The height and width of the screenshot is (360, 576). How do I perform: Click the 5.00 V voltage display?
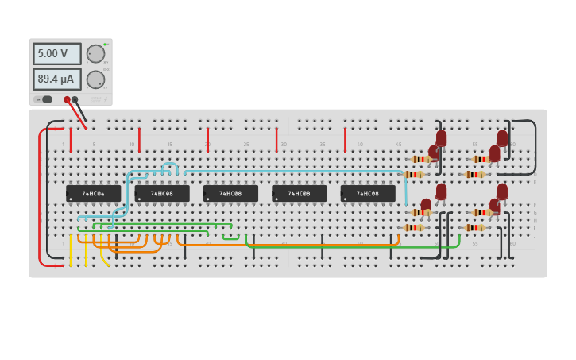pos(56,54)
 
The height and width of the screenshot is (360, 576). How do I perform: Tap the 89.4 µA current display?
pos(56,79)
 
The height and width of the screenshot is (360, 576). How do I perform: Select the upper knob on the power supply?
pos(95,54)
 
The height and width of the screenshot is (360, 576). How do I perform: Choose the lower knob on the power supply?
pos(95,79)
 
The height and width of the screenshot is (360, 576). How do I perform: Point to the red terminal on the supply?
pos(67,100)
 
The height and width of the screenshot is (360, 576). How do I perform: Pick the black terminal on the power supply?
pos(75,100)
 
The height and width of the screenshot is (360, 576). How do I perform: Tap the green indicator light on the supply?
pos(105,45)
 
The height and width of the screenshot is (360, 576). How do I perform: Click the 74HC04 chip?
pos(94,193)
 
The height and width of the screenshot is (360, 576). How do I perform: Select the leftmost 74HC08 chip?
pos(162,193)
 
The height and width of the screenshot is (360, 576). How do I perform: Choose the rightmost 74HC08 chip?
pos(368,193)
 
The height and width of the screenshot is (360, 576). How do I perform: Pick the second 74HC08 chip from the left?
pos(230,193)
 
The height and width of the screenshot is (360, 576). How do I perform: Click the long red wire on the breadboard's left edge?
pos(39,199)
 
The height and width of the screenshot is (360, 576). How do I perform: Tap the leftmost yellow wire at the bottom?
pos(71,250)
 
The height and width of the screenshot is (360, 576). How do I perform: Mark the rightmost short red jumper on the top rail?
pos(345,139)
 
